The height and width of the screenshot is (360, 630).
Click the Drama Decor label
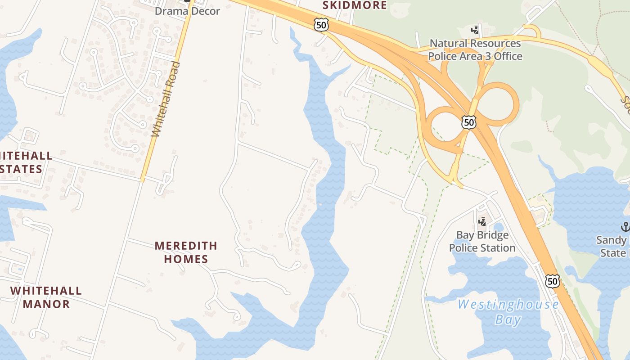[x=187, y=11]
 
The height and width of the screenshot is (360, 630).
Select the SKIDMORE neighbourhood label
[x=355, y=5]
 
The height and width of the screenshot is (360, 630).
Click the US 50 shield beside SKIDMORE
[x=321, y=25]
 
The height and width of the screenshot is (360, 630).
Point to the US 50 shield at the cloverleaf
[x=469, y=122]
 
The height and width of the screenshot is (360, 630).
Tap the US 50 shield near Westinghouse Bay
[x=553, y=281]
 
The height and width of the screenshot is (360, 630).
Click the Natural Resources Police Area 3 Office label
[x=475, y=50]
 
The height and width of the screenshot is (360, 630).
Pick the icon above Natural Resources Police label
[x=475, y=30]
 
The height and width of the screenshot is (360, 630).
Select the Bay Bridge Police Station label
[x=482, y=242]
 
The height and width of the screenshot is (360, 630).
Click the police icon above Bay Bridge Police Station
[x=482, y=221]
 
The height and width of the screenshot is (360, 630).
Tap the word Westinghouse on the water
[x=508, y=305]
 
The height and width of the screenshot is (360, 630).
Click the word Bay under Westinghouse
[x=508, y=320]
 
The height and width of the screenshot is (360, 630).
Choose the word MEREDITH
[x=186, y=246]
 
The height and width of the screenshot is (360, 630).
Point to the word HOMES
[x=186, y=259]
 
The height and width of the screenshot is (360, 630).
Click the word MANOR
[x=46, y=304]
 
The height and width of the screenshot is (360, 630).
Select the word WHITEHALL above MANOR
[x=46, y=291]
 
